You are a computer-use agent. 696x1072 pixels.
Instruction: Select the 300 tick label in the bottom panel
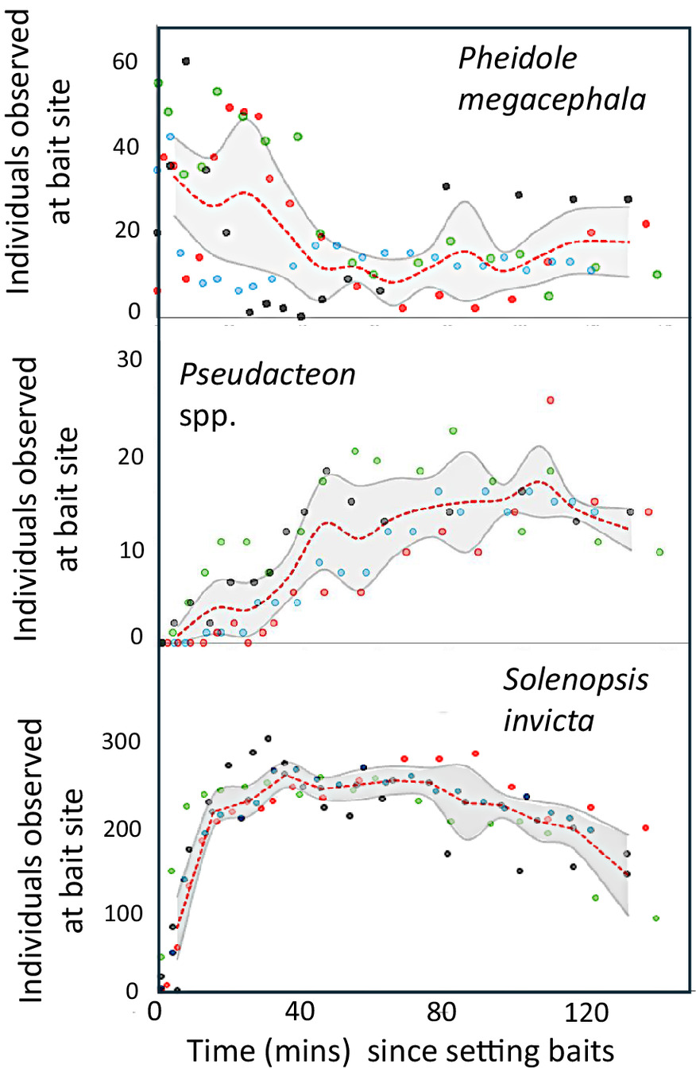[125, 743]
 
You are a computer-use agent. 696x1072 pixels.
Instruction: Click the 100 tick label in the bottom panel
[125, 913]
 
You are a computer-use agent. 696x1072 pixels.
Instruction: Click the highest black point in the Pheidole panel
[186, 61]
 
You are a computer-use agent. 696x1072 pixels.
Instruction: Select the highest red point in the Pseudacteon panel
[550, 400]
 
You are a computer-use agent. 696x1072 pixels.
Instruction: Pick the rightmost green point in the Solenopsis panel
[656, 918]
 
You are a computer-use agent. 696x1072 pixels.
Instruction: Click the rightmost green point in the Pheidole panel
[657, 274]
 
